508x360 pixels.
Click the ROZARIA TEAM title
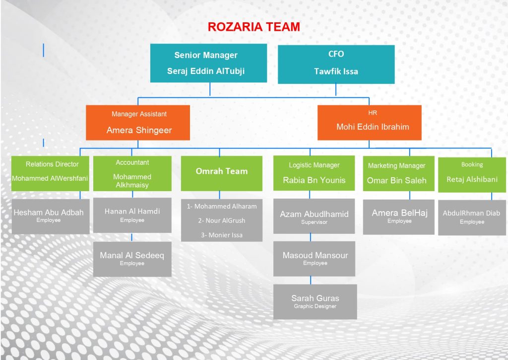click(254, 27)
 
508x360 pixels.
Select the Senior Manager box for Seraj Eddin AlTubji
click(209, 63)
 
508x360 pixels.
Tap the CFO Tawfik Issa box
click(336, 64)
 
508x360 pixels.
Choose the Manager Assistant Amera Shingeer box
click(138, 123)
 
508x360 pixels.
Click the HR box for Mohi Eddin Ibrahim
click(369, 123)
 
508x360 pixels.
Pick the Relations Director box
click(50, 173)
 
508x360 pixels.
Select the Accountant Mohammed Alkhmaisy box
click(132, 173)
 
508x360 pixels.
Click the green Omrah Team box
click(222, 173)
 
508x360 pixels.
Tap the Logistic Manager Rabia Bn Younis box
click(314, 173)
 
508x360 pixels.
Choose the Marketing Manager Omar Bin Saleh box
click(398, 173)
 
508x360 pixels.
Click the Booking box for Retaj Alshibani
click(472, 174)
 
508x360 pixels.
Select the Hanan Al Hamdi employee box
click(132, 216)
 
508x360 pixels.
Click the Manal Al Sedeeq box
click(132, 259)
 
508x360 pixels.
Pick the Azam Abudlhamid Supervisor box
click(314, 216)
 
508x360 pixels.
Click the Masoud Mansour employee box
click(314, 259)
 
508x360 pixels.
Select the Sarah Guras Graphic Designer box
click(315, 302)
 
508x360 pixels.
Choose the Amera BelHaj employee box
click(398, 217)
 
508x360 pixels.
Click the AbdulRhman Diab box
click(472, 217)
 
